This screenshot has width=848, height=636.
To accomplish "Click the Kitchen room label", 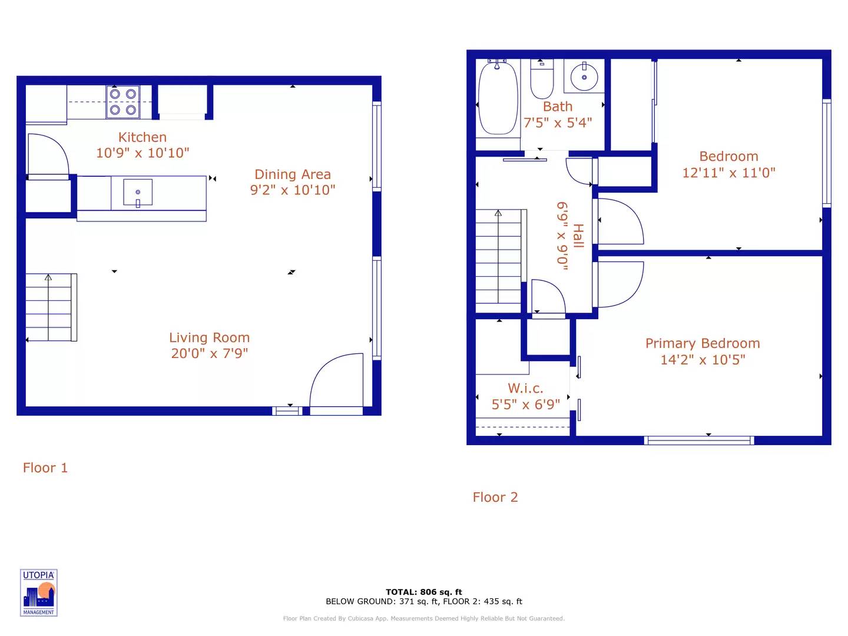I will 143,137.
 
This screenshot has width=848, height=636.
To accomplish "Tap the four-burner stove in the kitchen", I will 122,102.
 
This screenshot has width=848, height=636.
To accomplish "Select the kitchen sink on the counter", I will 138,193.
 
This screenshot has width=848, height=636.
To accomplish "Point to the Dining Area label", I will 293,174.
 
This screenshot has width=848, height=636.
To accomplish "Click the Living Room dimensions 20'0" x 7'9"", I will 210,353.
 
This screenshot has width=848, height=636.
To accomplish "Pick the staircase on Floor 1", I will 51,307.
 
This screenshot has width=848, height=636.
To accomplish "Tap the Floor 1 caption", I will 45,468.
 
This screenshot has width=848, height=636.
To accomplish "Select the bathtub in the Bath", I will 498,98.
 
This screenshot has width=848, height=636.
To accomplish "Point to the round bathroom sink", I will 584,77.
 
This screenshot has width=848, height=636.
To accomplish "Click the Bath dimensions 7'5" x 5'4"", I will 558,123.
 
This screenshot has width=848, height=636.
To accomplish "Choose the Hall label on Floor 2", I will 578,236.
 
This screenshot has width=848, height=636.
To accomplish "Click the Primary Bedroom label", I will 703,343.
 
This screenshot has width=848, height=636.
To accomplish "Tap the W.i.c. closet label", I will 525,389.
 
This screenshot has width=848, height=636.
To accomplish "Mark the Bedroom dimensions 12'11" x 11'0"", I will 728,173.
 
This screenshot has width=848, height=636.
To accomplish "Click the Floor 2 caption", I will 495,498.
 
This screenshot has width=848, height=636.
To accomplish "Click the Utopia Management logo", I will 39,593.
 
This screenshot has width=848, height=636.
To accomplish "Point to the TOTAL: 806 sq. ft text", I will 424,592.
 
